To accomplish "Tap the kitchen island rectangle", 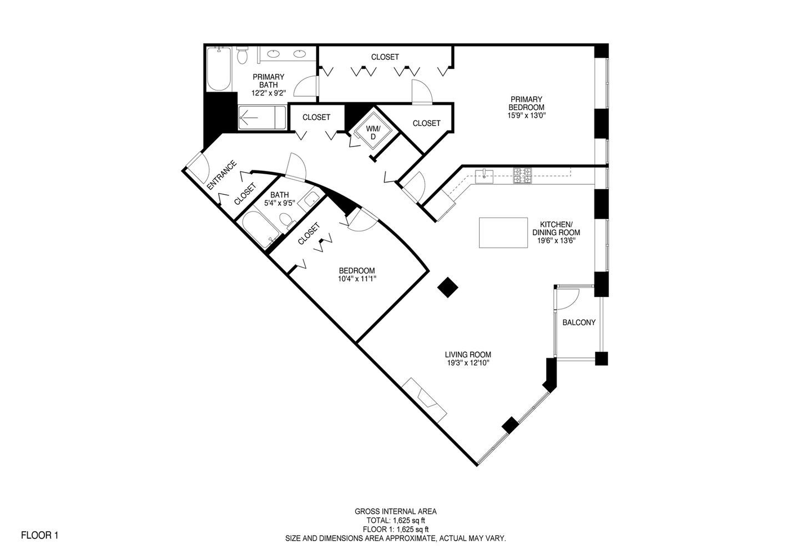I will pos(503,233).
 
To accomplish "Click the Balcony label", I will pos(579,322).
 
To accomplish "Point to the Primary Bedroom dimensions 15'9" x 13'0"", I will pos(527,116).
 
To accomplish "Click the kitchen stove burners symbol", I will pos(522,176).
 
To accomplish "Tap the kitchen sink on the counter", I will pos(485,176).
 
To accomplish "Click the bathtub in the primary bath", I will pos(218,70).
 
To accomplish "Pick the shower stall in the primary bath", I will pos(262,118).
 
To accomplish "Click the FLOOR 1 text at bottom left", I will pos(39,536).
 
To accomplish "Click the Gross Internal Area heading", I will pos(395,512).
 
